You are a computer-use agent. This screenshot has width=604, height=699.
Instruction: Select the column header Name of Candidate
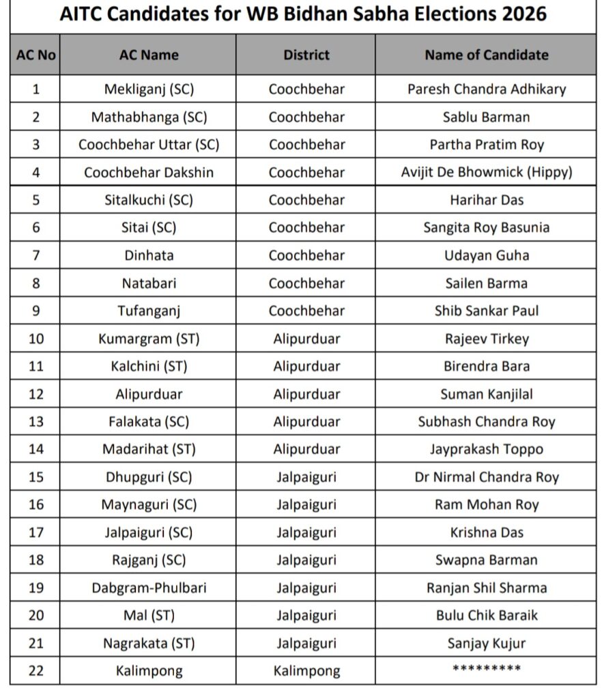pyautogui.click(x=486, y=55)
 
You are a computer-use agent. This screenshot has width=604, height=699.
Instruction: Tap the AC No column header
pyautogui.click(x=35, y=55)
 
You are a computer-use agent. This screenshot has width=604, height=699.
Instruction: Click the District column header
pyautogui.click(x=306, y=55)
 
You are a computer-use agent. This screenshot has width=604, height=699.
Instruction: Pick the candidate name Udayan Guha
pyautogui.click(x=486, y=255)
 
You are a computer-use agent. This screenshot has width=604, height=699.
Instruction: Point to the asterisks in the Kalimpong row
pyautogui.click(x=486, y=670)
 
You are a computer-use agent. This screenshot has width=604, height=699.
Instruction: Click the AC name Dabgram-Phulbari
pyautogui.click(x=149, y=587)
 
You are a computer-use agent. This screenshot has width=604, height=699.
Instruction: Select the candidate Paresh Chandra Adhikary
pyautogui.click(x=486, y=89)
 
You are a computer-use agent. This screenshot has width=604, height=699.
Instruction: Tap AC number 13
pyautogui.click(x=35, y=421)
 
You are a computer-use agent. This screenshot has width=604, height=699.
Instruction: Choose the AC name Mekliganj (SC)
pyautogui.click(x=149, y=89)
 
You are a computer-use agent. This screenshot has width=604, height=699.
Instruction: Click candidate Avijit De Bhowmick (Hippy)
pyautogui.click(x=486, y=172)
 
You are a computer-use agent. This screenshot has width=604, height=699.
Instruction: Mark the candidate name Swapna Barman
pyautogui.click(x=486, y=560)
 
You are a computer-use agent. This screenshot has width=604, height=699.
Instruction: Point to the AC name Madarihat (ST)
pyautogui.click(x=149, y=449)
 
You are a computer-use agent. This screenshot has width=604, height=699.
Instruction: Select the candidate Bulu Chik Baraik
pyautogui.click(x=486, y=615)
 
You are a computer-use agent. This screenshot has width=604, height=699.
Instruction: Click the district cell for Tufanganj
pyautogui.click(x=306, y=311)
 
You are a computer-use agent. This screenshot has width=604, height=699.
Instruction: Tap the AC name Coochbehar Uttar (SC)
pyautogui.click(x=149, y=145)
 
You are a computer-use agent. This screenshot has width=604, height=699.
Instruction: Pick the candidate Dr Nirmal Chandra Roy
pyautogui.click(x=486, y=477)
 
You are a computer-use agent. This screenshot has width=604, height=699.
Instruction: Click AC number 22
pyautogui.click(x=35, y=671)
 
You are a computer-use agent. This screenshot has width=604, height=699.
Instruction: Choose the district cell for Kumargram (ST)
pyautogui.click(x=306, y=339)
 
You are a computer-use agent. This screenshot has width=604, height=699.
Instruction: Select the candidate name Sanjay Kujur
pyautogui.click(x=486, y=643)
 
